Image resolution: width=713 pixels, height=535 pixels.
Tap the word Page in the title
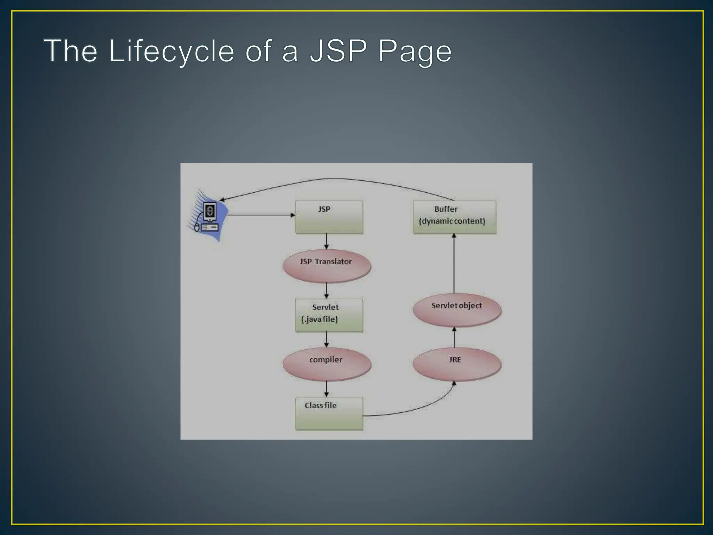(415, 51)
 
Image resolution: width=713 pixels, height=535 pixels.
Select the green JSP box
(329, 217)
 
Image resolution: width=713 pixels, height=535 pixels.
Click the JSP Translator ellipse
(327, 266)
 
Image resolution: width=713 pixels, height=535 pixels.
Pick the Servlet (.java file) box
(329, 315)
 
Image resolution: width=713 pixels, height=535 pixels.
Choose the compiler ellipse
(327, 364)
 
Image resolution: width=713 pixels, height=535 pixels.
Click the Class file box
(329, 413)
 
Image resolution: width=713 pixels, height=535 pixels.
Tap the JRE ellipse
(457, 364)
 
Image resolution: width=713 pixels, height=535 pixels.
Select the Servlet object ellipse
(457, 310)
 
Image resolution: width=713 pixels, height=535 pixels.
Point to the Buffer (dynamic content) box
(454, 217)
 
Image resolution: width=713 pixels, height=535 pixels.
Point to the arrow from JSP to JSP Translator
(326, 241)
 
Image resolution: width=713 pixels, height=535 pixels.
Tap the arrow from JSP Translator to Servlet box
(326, 290)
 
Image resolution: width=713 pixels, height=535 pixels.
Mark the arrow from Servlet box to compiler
(326, 340)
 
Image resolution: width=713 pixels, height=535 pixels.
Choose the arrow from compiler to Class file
(326, 389)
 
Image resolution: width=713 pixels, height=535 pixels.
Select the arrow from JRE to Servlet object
(454, 337)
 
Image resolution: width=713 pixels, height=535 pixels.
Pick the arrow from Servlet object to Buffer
(454, 264)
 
